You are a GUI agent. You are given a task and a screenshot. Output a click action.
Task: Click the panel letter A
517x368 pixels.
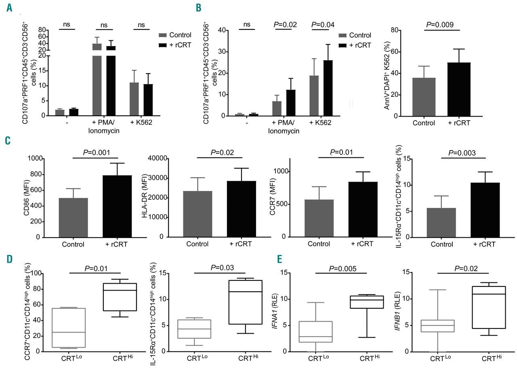pos(9,8)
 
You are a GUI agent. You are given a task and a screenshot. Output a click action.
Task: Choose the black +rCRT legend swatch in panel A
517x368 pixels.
pos(162,44)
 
